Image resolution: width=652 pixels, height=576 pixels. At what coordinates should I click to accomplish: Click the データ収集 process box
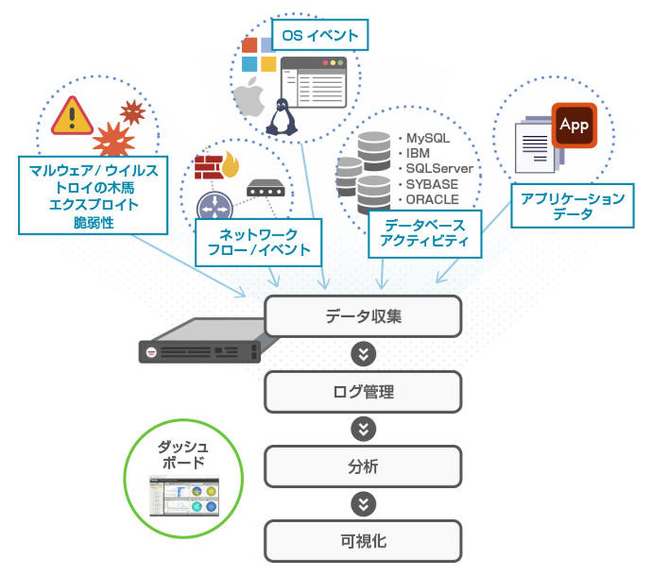(x=363, y=316)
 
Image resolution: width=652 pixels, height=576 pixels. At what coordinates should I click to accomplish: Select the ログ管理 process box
(x=363, y=392)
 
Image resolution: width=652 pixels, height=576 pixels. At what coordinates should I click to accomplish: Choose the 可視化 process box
(x=363, y=541)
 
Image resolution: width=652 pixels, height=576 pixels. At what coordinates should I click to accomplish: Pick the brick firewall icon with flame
(x=214, y=166)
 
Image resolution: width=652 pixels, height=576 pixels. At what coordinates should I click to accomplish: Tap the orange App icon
(x=574, y=125)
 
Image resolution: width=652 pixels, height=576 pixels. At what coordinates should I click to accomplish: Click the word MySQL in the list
(x=428, y=138)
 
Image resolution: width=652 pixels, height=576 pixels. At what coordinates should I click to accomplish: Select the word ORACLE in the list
(x=432, y=199)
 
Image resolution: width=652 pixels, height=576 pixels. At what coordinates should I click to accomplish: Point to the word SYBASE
(x=432, y=183)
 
